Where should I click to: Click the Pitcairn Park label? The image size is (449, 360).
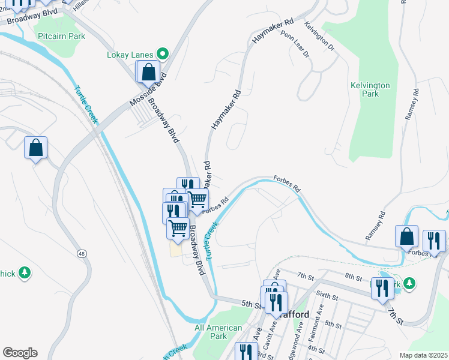(61, 36)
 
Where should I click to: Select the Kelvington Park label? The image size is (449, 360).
(370, 89)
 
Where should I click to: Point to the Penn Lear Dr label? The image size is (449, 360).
(295, 45)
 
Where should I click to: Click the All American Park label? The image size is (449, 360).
(218, 332)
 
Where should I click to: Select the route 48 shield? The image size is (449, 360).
(80, 254)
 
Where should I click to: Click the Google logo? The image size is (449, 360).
(20, 352)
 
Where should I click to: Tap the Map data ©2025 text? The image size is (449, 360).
(424, 355)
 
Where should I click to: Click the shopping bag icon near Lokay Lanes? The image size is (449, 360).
(148, 71)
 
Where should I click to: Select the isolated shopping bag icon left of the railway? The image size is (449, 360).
(36, 148)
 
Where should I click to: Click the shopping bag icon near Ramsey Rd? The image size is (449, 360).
(406, 236)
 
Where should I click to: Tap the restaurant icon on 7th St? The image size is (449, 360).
(381, 288)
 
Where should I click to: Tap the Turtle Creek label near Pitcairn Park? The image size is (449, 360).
(85, 105)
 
